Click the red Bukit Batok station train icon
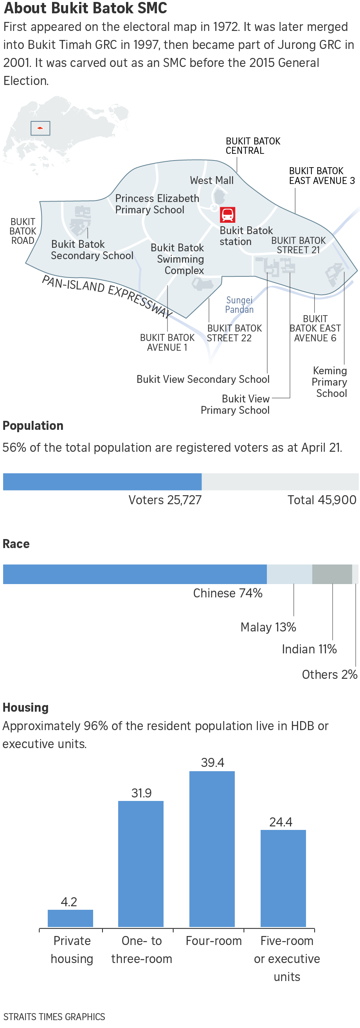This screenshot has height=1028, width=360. [x=227, y=215]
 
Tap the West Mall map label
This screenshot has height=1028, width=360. [x=212, y=180]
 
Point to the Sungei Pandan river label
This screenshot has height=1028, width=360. [x=239, y=305]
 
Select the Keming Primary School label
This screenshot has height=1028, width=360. [x=329, y=382]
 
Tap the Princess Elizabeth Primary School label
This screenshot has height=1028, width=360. [x=157, y=204]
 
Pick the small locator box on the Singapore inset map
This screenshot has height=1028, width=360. [x=40, y=128]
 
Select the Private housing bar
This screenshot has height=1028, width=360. [x=70, y=918]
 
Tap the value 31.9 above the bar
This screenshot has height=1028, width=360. [x=141, y=793]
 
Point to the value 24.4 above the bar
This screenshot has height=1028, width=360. [x=281, y=822]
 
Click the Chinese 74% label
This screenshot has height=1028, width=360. [x=227, y=593]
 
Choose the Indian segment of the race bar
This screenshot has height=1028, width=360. [x=332, y=574]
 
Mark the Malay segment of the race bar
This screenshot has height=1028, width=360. [x=289, y=574]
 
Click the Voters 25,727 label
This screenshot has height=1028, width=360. [x=165, y=500]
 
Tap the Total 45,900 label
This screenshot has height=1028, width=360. [x=322, y=500]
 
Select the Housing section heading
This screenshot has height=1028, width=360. [x=25, y=707]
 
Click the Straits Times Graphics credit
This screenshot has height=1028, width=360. [x=54, y=1016]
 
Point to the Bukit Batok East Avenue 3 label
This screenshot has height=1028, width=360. [x=322, y=176]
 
